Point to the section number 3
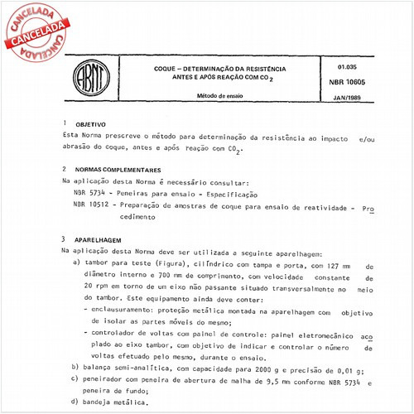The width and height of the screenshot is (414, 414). click(65, 237)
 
